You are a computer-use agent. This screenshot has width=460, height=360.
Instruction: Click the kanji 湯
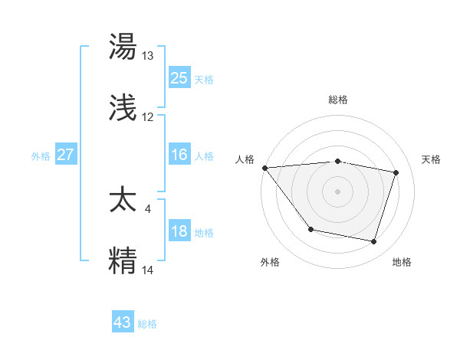coord(123,47)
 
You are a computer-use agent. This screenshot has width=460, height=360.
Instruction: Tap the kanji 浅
coord(123,109)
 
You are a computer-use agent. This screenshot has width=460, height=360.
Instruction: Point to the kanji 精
coord(123,260)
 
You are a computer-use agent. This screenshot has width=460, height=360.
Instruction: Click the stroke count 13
coord(148,56)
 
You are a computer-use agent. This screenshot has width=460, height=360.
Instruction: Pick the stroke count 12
coord(148,117)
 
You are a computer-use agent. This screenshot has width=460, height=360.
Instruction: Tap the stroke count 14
coord(148,269)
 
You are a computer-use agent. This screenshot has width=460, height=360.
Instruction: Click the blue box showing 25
coord(179,78)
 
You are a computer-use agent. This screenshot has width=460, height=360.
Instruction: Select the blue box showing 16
coord(179,155)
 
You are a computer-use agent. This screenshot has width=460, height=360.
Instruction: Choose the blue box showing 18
coord(179,231)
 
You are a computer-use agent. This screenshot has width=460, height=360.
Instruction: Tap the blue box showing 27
coord(65,155)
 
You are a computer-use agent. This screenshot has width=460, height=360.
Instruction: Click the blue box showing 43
coord(123,322)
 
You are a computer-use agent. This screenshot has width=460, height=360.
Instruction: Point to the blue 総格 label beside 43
coord(147,324)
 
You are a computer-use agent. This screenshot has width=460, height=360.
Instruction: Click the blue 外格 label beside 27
coord(41,156)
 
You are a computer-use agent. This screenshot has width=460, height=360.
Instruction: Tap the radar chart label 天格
coord(431,159)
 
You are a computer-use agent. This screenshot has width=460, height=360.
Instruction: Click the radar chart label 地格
coord(402,262)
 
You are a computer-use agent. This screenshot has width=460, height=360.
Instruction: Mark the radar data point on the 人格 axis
coord(264,168)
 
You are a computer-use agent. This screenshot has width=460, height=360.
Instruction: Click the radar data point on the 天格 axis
coord(396,172)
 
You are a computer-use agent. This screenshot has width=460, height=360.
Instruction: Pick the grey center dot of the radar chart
coord(337,191)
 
